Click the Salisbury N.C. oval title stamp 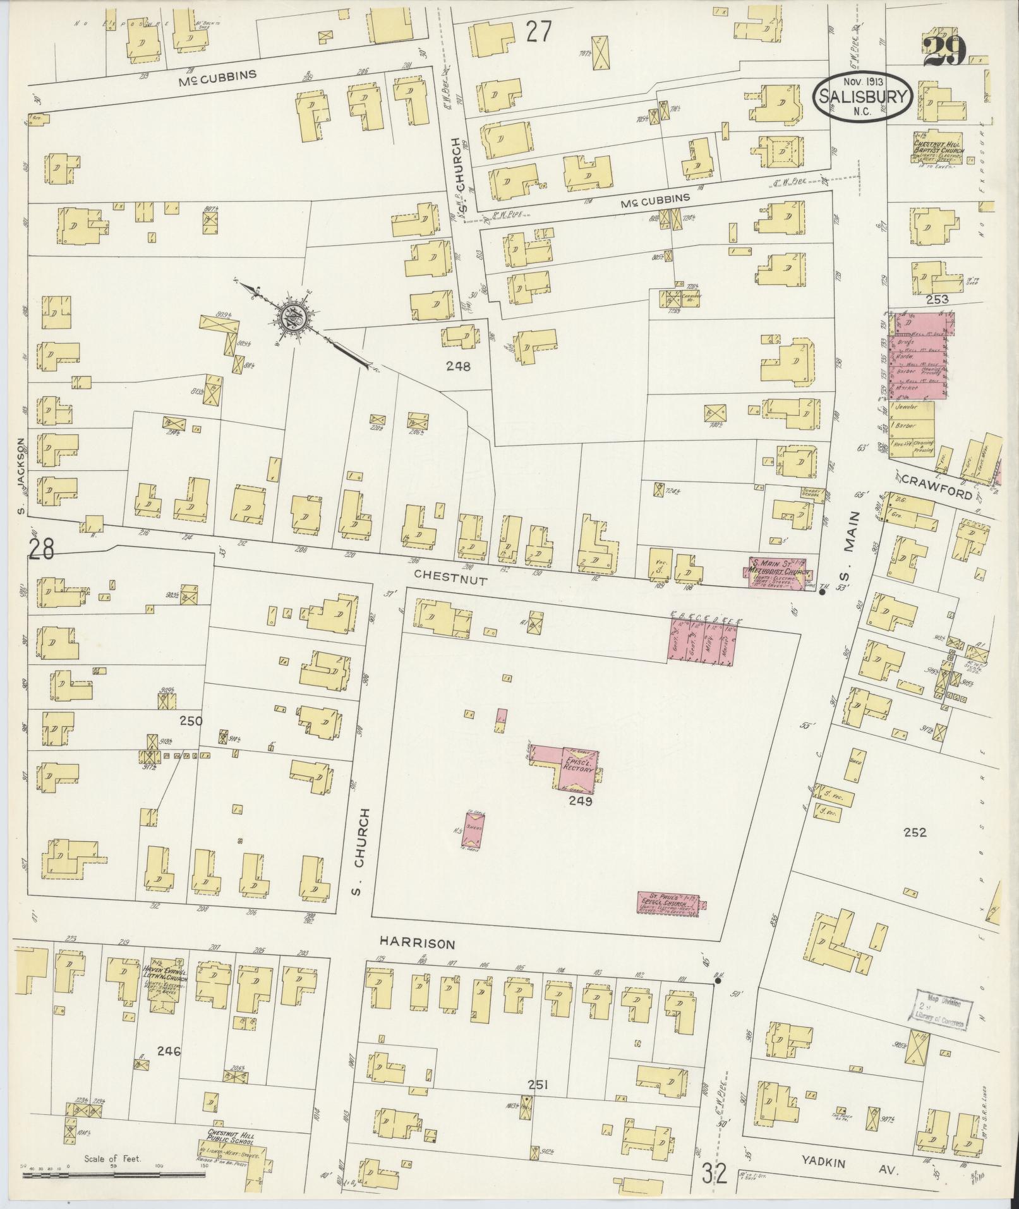pos(862,97)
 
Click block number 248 pos(458,365)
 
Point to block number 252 pos(914,832)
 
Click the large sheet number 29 pos(944,51)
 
